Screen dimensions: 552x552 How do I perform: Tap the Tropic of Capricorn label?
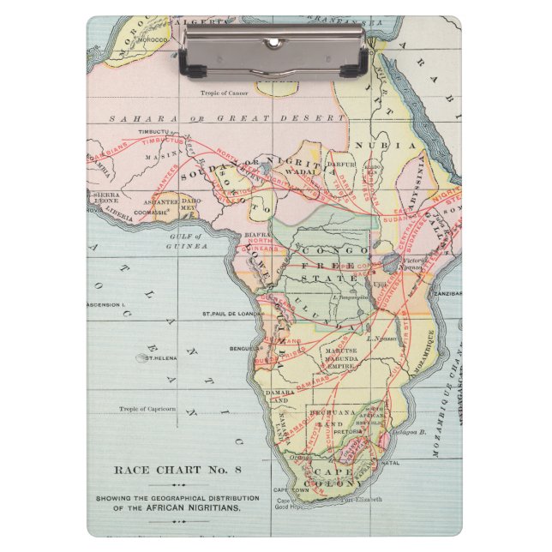click(x=147, y=409)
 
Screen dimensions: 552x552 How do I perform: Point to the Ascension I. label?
click(x=108, y=305)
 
